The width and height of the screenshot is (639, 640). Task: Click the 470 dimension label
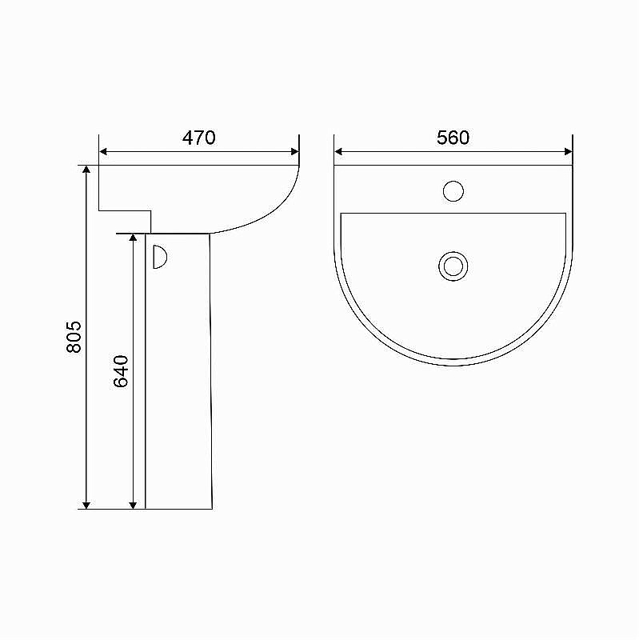coord(198,138)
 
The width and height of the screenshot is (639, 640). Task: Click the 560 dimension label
coord(453,138)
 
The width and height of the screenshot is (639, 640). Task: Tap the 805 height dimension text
coord(74,337)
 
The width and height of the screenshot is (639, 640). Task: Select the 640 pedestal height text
coord(121,371)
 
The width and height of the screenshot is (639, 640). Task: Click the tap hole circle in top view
coord(453,191)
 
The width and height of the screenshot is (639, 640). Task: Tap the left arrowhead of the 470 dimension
coord(103,152)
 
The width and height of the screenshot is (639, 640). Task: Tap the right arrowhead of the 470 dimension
coord(295,152)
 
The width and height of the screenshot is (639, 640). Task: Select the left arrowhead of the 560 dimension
coord(338,152)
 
